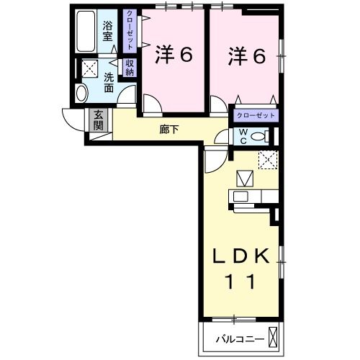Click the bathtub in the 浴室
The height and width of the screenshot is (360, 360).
[x=86, y=31]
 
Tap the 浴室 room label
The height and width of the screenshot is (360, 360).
[x=108, y=31]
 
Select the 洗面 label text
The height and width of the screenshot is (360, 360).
[x=109, y=82]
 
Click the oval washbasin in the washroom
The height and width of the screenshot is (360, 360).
[x=81, y=93]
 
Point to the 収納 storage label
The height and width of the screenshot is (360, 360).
[x=130, y=68]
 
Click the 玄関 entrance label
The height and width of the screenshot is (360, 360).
[x=99, y=120]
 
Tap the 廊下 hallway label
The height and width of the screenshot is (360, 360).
[x=169, y=130]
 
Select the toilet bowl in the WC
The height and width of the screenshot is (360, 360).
[x=258, y=137]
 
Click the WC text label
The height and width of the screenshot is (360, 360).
[x=243, y=136]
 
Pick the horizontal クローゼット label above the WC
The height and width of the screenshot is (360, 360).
[x=256, y=115]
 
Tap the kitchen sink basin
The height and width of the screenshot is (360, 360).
[x=240, y=197]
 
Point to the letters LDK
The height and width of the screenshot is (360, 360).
[x=240, y=256]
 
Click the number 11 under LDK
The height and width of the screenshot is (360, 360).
[x=240, y=282]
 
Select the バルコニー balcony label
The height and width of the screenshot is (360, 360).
[x=240, y=339]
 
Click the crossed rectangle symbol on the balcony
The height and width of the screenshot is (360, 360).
[x=273, y=337]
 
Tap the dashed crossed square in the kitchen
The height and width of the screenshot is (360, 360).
[x=268, y=160]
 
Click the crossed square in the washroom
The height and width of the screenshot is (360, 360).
[x=89, y=68]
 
